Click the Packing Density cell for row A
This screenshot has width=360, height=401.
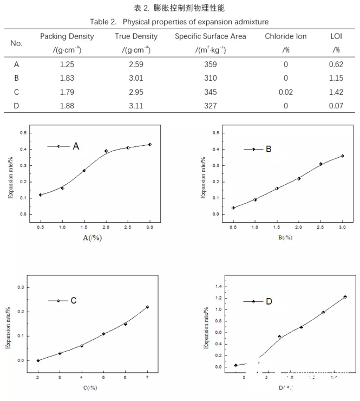coord(67,64)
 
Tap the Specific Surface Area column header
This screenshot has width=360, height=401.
coord(211,36)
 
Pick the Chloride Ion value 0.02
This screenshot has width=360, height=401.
coord(286,92)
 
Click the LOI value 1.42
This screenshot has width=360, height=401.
coord(336,92)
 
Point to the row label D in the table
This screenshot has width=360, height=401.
coord(17,105)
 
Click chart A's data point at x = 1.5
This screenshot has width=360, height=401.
coord(84,171)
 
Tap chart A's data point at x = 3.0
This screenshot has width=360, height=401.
coord(149,145)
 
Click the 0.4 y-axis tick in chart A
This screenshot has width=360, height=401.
coord(23,149)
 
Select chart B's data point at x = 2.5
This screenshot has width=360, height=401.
coord(320,164)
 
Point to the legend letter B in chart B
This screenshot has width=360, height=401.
coord(269,149)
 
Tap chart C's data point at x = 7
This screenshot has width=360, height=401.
coord(147,307)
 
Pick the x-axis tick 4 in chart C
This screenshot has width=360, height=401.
coord(82,377)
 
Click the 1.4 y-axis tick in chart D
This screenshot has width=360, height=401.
coord(219,287)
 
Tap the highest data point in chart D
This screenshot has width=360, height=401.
coord(345,297)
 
